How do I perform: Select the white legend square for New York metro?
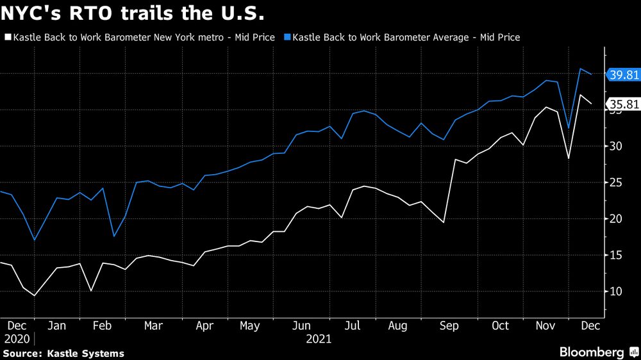point(8,38)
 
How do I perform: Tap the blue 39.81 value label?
point(623,75)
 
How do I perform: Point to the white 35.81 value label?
point(623,104)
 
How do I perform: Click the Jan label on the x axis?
point(57,325)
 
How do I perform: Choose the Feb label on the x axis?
point(103,325)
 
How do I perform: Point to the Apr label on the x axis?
point(204,325)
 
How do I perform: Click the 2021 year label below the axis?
point(319,339)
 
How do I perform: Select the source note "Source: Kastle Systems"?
point(63,354)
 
